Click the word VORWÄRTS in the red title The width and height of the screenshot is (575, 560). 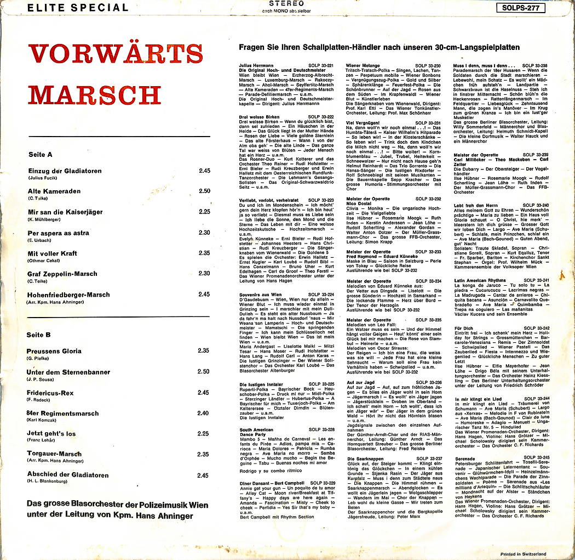pyautogui.click(x=116, y=54)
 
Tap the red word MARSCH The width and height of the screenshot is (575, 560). pyautogui.click(x=94, y=94)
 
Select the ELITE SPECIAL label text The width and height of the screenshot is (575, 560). pyautogui.click(x=78, y=8)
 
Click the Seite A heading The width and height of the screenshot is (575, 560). pyautogui.click(x=40, y=155)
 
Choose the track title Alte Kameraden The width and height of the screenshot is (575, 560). pyautogui.click(x=54, y=191)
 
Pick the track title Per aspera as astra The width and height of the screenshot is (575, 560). pyautogui.click(x=59, y=233)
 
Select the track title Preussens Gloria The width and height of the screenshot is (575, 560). pyautogui.click(x=55, y=351)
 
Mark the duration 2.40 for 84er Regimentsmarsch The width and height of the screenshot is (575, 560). pyautogui.click(x=204, y=413)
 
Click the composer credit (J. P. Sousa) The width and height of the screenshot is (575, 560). pyautogui.click(x=41, y=380)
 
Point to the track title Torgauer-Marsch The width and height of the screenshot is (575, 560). pyautogui.click(x=55, y=454)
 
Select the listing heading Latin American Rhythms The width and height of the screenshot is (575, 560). pyautogui.click(x=480, y=280)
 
